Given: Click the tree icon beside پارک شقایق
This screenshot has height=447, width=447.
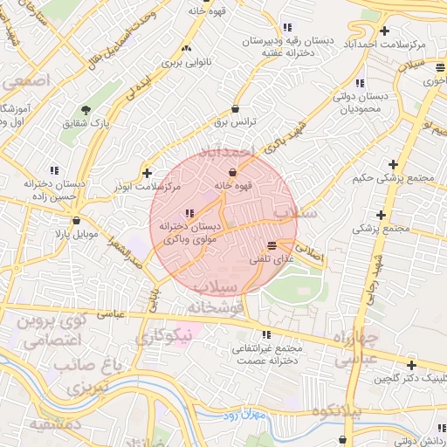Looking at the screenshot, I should click(x=86, y=110).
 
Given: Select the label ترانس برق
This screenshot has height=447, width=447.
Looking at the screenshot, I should click(x=236, y=123).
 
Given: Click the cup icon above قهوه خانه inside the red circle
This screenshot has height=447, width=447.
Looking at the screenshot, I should click(x=232, y=172).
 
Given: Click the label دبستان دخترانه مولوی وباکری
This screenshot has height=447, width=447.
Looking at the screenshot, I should click(x=189, y=231).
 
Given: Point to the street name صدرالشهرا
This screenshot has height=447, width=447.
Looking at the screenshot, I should click(x=124, y=252).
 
